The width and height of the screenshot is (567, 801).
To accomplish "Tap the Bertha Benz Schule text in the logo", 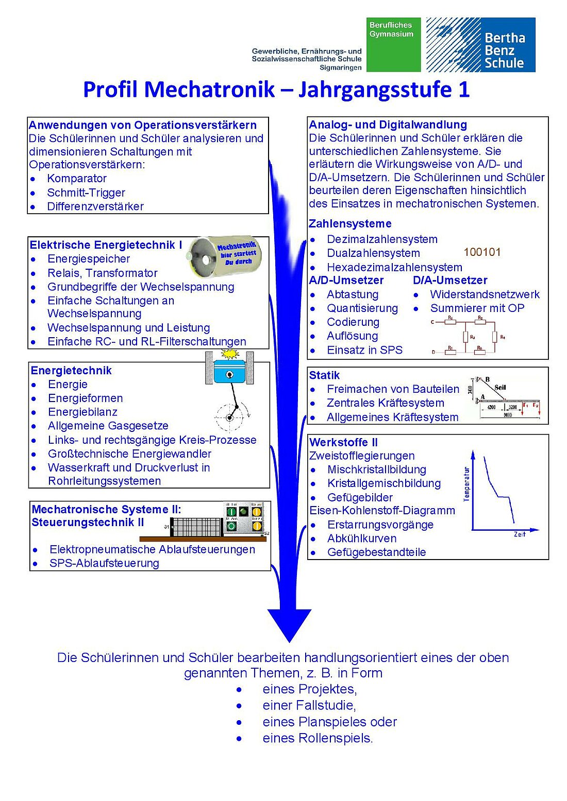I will (x=504, y=50).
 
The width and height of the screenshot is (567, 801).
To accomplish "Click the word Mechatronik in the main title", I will (x=179, y=89).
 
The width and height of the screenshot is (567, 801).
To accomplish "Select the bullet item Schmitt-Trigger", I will (x=86, y=193).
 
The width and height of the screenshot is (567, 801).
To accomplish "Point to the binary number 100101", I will (x=482, y=252).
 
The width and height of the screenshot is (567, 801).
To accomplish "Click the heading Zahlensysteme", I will (x=350, y=223).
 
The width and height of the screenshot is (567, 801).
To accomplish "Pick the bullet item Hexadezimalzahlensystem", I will (x=394, y=267).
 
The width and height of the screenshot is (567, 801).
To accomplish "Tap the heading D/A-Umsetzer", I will (x=450, y=280).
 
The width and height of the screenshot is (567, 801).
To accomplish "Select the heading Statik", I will (x=324, y=375).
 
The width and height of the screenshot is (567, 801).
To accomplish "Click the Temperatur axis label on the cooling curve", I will (x=466, y=484).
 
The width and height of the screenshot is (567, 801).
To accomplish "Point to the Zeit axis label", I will (x=520, y=535).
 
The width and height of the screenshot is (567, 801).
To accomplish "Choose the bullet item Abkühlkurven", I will (x=362, y=538).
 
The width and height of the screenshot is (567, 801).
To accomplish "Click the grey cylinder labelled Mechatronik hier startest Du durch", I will (x=224, y=256).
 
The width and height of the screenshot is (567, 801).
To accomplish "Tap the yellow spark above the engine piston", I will (x=229, y=354).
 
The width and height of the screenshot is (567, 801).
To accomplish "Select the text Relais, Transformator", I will (x=102, y=273).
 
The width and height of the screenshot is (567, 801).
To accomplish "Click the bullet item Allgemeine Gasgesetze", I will (x=108, y=426).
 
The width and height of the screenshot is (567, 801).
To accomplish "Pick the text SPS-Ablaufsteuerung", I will (x=104, y=563).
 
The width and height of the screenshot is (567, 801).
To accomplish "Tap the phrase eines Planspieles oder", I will (x=329, y=722).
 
